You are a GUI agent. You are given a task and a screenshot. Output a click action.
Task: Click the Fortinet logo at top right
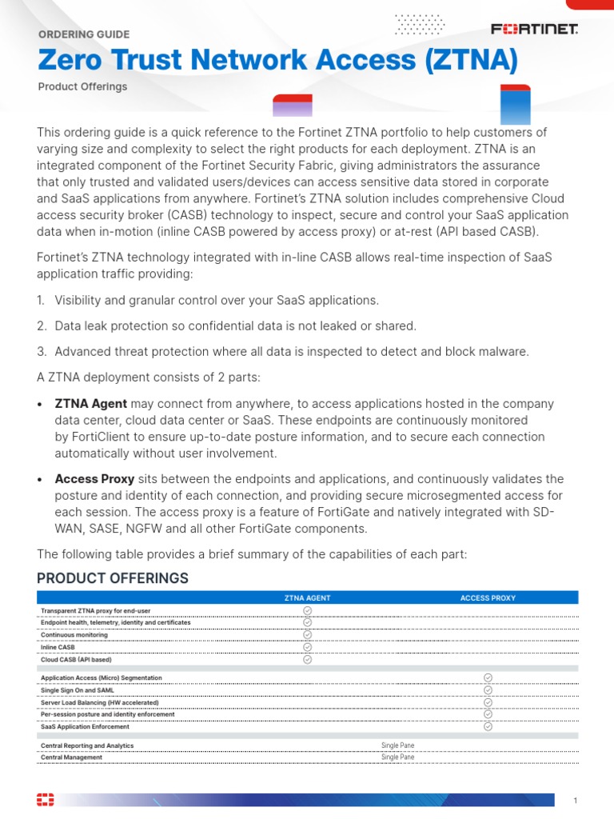tap(534, 30)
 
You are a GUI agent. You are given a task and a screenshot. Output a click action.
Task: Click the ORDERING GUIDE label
tap(84, 34)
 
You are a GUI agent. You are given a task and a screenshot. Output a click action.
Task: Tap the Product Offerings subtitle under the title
tap(82, 86)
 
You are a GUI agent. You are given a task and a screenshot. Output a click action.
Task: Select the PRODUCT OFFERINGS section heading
tap(113, 578)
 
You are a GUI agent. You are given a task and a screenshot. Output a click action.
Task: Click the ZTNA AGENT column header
tap(307, 597)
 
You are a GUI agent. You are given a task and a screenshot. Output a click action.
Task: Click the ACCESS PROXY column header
tap(488, 597)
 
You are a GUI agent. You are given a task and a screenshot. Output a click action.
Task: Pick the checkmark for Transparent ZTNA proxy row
tap(307, 610)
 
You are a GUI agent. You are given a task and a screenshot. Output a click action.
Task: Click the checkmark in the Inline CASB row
tap(307, 647)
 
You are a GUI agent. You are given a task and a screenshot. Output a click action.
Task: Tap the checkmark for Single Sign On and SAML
tap(488, 689)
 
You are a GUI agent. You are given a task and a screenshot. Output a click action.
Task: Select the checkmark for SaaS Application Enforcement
tap(488, 726)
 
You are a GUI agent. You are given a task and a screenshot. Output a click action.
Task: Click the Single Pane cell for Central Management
tap(397, 757)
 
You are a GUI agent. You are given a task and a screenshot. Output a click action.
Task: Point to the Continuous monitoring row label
tap(74, 635)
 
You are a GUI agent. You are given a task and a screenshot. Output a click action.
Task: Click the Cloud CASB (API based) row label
tap(77, 660)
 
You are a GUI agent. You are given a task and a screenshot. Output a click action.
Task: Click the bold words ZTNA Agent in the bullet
tap(91, 404)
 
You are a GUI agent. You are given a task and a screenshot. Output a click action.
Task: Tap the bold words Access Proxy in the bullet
tap(94, 479)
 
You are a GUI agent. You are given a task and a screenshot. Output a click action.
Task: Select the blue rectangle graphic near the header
tap(515, 105)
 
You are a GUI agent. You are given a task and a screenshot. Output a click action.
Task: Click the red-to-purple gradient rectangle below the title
tap(292, 106)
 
